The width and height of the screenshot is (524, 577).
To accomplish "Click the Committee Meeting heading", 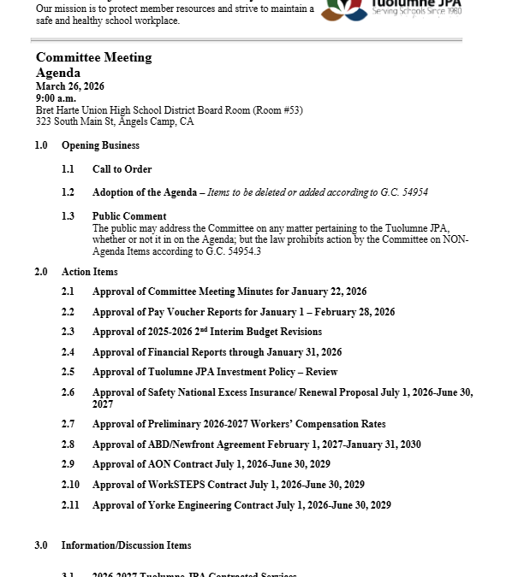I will [x=93, y=57].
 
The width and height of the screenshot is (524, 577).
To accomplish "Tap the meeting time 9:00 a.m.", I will [x=56, y=98].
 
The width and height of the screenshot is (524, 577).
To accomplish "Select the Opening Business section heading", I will [x=100, y=145].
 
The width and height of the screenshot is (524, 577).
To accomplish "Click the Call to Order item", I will [x=122, y=169].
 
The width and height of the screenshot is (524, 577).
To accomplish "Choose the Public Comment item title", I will [x=129, y=216].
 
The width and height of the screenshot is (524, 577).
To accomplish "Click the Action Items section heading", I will [x=89, y=272].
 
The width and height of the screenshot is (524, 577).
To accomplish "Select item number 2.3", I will [x=68, y=332].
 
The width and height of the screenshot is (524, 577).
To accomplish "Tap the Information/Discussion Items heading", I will [x=126, y=545].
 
